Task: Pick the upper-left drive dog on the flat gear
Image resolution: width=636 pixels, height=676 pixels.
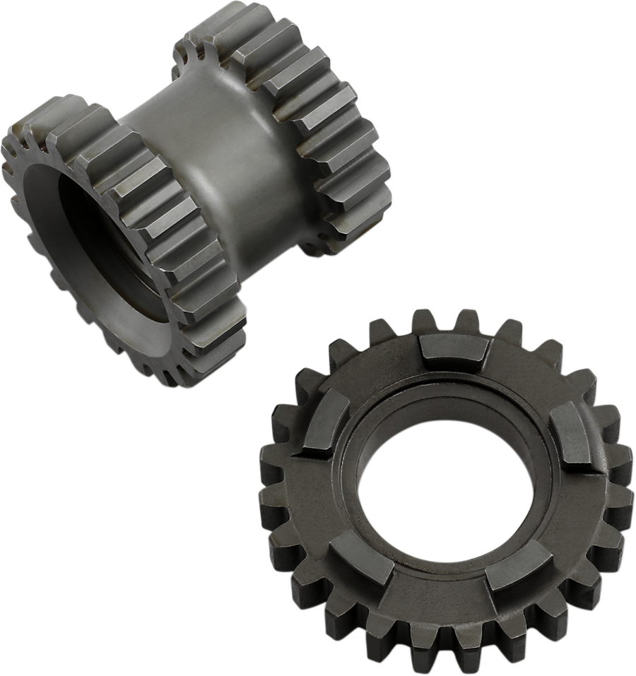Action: tap(322, 422)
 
